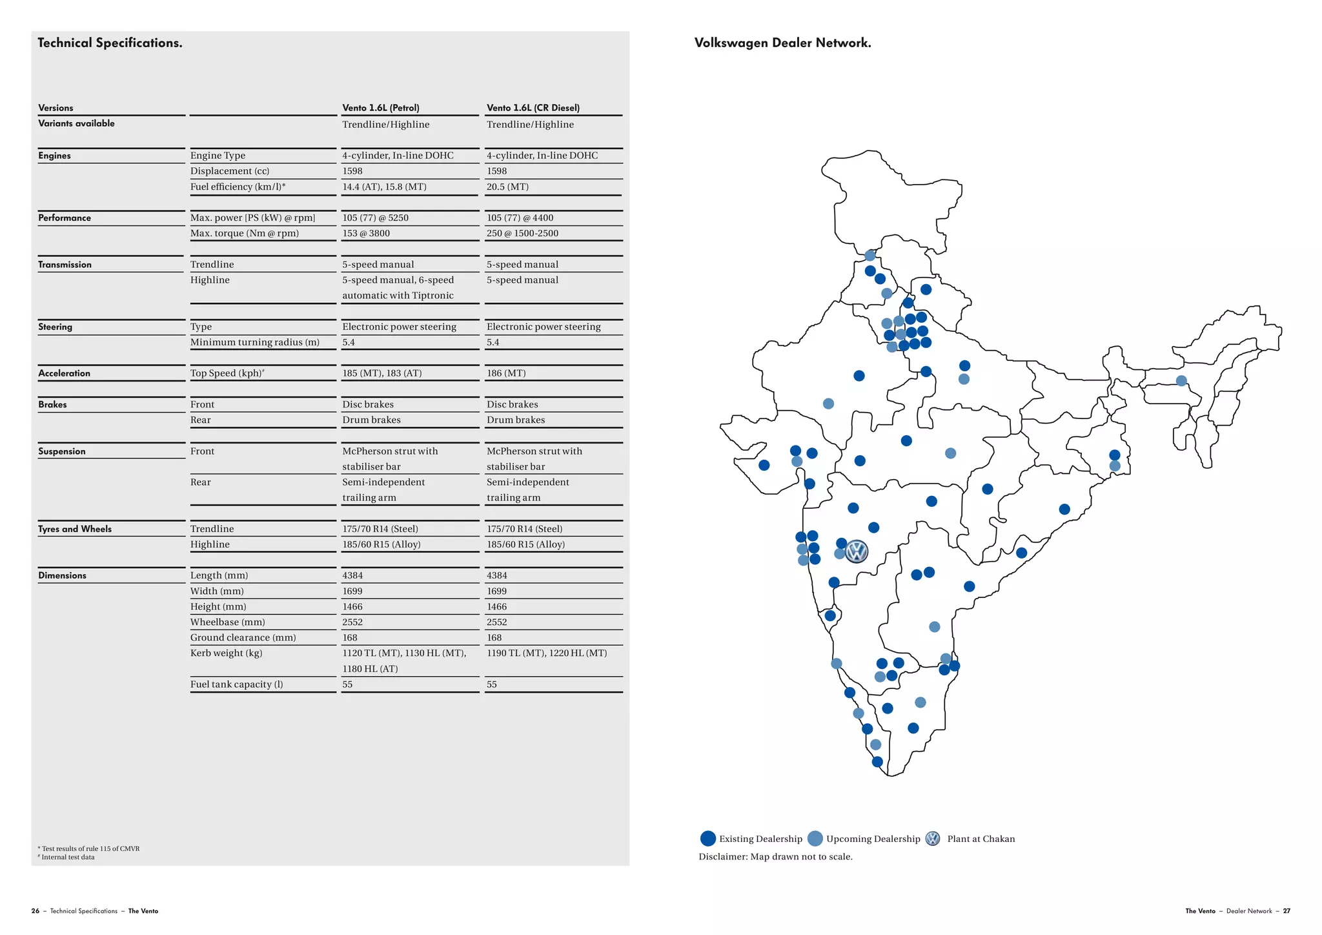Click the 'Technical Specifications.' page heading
point(110,43)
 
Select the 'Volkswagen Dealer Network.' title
point(782,43)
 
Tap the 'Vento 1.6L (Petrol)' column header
point(381,108)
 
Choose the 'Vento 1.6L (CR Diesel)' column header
point(533,108)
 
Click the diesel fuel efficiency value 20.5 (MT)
point(507,187)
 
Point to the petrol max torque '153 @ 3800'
point(366,233)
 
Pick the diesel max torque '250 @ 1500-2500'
point(522,233)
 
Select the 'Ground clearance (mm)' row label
point(243,637)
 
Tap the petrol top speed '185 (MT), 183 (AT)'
point(381,373)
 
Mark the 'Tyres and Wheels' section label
point(75,529)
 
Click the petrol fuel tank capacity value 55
point(347,684)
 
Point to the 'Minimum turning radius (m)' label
point(254,342)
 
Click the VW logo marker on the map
point(857,551)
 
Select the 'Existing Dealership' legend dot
point(708,838)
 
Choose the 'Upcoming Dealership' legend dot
point(815,838)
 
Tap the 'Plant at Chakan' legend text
point(981,839)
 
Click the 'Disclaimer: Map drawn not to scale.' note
point(775,857)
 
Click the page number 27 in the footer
point(1286,911)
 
